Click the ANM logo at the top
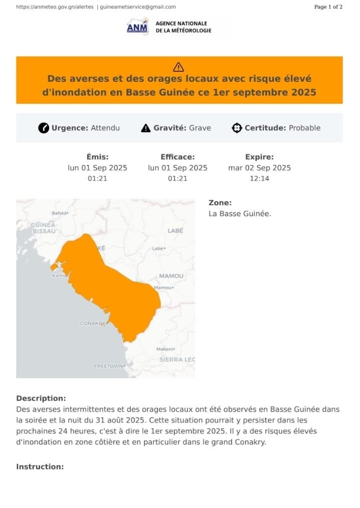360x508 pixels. click(x=137, y=27)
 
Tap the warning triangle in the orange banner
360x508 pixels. click(x=178, y=67)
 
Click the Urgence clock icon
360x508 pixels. click(x=44, y=128)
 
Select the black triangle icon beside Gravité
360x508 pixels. click(x=146, y=128)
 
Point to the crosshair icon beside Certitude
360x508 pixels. click(x=237, y=128)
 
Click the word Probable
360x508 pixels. click(x=304, y=128)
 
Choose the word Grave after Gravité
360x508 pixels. click(x=200, y=128)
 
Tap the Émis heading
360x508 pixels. click(x=97, y=157)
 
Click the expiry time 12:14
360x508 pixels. click(x=259, y=179)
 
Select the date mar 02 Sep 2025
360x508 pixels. click(x=259, y=168)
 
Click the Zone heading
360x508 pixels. click(x=220, y=203)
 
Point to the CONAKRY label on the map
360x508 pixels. click(x=93, y=323)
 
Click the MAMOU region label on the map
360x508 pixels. click(x=171, y=276)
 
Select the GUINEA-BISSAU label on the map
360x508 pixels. click(x=44, y=228)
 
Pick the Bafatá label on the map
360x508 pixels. click(x=59, y=213)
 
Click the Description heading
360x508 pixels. click(x=41, y=399)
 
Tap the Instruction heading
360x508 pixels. click(x=40, y=467)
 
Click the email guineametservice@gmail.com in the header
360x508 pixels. click(x=138, y=7)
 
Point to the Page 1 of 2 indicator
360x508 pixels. click(x=328, y=7)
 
